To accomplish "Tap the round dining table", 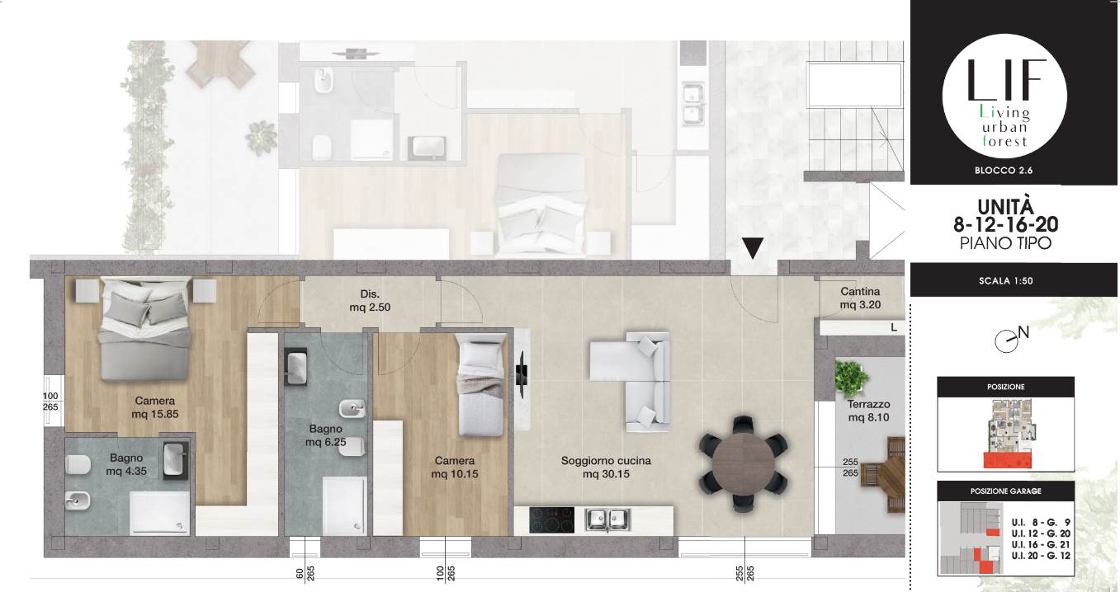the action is pyautogui.click(x=743, y=463).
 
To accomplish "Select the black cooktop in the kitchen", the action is pyautogui.click(x=551, y=520).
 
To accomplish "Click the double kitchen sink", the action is pyautogui.click(x=607, y=520).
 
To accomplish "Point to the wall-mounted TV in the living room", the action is pyautogui.click(x=521, y=374).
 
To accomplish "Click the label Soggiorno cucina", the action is pyautogui.click(x=606, y=461).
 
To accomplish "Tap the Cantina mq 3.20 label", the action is pyautogui.click(x=860, y=298).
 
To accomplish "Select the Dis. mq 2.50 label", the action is pyautogui.click(x=370, y=300).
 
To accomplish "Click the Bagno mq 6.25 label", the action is pyautogui.click(x=325, y=435).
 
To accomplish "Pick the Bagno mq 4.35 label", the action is pyautogui.click(x=126, y=464).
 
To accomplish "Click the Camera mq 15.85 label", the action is pyautogui.click(x=155, y=407).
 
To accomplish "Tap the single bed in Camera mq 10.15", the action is pyautogui.click(x=480, y=385).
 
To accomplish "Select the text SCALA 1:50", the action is pyautogui.click(x=1006, y=281).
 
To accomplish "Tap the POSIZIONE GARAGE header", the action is pyautogui.click(x=1006, y=491).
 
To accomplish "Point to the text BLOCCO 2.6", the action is pyautogui.click(x=1004, y=171).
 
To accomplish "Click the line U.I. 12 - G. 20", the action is pyautogui.click(x=1041, y=533).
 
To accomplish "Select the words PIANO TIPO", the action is pyautogui.click(x=1005, y=243).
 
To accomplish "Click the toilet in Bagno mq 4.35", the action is pyautogui.click(x=78, y=465).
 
